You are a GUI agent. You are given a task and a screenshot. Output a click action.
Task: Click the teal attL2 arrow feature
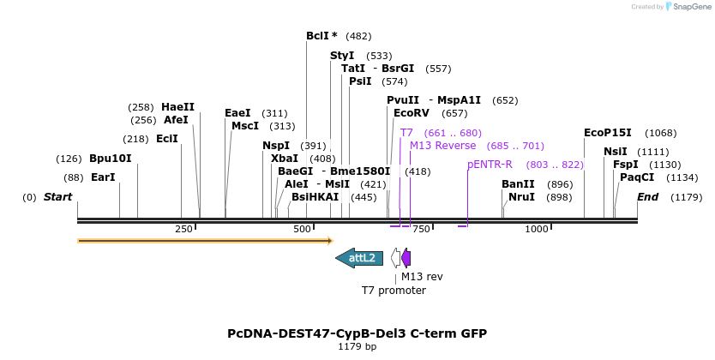(x=359, y=258)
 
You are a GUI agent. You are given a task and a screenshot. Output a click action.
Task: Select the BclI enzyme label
(x=321, y=36)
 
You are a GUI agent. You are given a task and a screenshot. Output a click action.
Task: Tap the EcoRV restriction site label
(x=411, y=112)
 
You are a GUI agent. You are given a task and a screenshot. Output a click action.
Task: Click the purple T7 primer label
(x=406, y=133)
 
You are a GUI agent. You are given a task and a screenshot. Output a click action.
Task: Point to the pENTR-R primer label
(x=490, y=165)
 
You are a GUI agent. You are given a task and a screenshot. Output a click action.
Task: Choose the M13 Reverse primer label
(x=442, y=146)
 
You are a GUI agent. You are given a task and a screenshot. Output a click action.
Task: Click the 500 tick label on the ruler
(x=301, y=230)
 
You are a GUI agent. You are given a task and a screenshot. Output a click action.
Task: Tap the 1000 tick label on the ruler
(x=536, y=230)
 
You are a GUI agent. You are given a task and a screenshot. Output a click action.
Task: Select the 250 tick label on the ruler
(x=183, y=230)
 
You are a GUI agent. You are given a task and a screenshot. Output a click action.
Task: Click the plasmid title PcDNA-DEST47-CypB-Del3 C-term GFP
(x=357, y=333)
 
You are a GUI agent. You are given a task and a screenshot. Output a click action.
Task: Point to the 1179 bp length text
(x=357, y=347)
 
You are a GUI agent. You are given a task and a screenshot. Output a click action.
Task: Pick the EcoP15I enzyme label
(x=607, y=133)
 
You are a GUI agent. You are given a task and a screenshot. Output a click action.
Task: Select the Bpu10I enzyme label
(x=111, y=159)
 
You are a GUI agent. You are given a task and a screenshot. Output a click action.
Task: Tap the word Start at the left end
(x=57, y=197)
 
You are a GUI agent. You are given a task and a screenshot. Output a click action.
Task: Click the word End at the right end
(x=647, y=197)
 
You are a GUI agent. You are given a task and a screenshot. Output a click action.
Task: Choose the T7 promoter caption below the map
(x=394, y=291)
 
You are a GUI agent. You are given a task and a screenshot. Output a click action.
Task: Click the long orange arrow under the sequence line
(x=205, y=241)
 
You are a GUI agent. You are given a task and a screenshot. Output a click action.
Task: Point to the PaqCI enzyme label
(x=637, y=177)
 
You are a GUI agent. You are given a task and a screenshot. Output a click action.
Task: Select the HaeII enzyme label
(x=177, y=107)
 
